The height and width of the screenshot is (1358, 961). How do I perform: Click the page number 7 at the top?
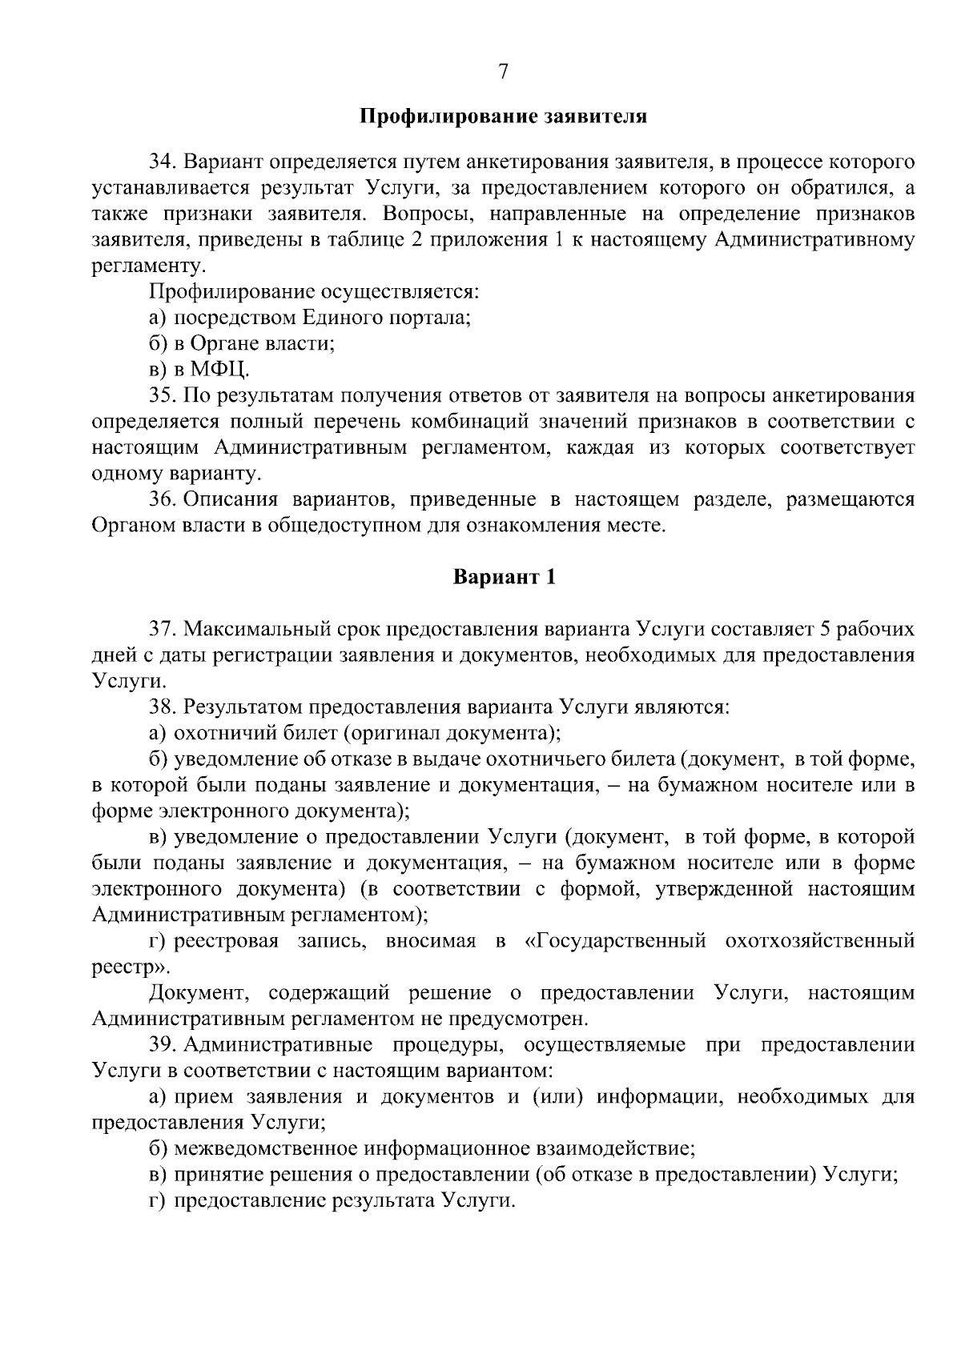click(x=503, y=72)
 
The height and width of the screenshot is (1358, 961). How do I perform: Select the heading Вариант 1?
click(x=504, y=577)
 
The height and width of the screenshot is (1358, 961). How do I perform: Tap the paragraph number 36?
click(x=163, y=500)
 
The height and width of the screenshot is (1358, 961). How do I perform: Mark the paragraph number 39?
click(x=163, y=1045)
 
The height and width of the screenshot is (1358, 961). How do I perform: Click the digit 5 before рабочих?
click(x=826, y=629)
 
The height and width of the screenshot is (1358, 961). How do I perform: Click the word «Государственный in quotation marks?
click(x=615, y=941)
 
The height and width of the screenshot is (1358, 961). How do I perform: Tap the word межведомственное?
click(x=265, y=1149)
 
